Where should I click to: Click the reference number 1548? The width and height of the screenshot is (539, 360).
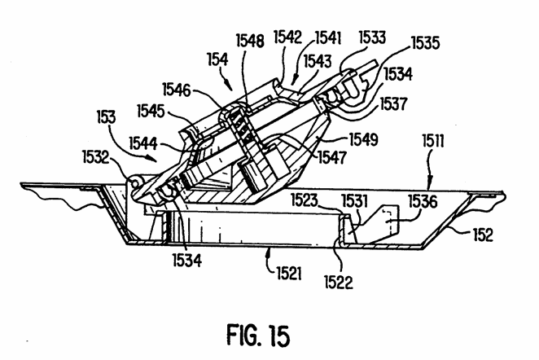click(250, 41)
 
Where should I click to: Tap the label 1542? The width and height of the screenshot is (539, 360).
click(287, 37)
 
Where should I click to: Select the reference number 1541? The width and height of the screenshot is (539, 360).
click(328, 37)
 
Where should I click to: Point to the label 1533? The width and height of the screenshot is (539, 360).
click(372, 37)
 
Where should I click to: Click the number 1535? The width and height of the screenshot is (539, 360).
click(426, 43)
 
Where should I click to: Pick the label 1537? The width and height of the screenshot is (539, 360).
click(394, 103)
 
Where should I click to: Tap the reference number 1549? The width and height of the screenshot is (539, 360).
click(364, 139)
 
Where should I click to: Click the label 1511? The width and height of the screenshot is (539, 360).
click(433, 141)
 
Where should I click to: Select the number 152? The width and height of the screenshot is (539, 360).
click(483, 235)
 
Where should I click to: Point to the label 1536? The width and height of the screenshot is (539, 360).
click(423, 201)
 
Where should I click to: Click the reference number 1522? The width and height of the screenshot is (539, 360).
click(339, 283)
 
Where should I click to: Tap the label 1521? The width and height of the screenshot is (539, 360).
click(289, 274)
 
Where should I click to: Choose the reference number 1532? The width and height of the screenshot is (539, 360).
click(95, 157)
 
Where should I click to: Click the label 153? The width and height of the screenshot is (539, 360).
click(106, 117)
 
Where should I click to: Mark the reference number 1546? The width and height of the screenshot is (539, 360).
click(177, 90)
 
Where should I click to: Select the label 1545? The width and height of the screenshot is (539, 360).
click(151, 111)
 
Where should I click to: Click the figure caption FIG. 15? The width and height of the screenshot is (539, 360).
click(258, 336)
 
